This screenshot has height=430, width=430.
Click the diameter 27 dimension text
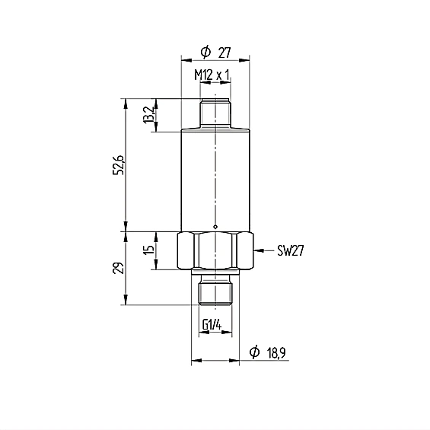(216, 52)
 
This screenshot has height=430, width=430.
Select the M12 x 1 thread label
(212, 75)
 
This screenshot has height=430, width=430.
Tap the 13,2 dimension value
(149, 115)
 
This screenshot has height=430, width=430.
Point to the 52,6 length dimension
(119, 165)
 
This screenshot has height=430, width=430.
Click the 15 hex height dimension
(149, 250)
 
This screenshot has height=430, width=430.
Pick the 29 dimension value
(119, 268)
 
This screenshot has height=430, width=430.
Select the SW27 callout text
(291, 250)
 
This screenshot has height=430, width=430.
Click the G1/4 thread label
(212, 325)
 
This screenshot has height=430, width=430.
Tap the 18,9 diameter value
(276, 352)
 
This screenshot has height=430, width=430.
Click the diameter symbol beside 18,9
(254, 352)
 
